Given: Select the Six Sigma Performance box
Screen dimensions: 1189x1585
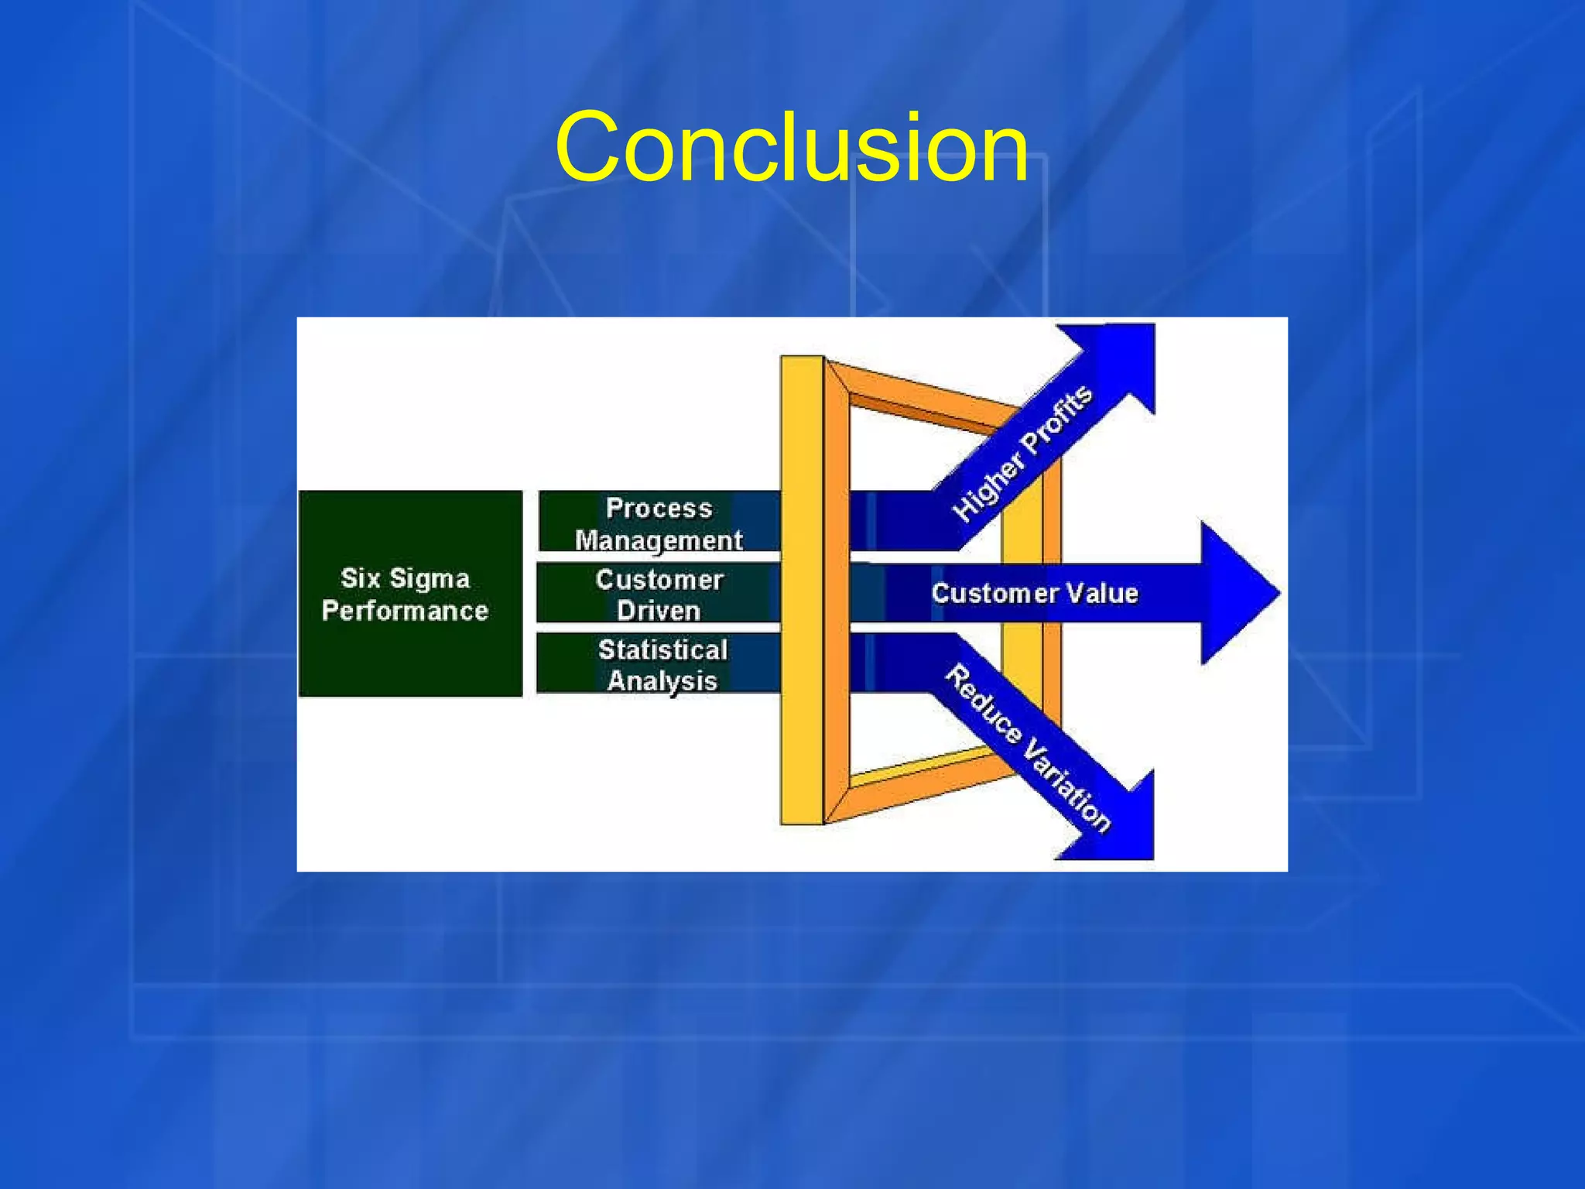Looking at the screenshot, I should tap(409, 594).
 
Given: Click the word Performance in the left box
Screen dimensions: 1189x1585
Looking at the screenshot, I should tap(405, 611).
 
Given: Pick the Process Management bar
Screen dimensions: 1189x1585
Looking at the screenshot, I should tap(658, 522).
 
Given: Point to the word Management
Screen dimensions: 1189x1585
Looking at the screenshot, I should tap(658, 540).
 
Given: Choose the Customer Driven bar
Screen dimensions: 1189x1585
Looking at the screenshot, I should tap(658, 593).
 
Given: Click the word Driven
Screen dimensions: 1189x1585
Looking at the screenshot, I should tap(658, 610).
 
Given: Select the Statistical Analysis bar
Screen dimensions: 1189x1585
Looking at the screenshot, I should tap(658, 663).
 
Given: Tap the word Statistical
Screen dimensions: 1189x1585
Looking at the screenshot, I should tap(662, 649).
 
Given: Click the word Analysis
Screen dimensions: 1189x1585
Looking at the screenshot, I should tap(662, 680).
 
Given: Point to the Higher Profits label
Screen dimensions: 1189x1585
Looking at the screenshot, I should tap(1022, 453).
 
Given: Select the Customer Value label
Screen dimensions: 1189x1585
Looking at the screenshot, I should tap(1034, 593).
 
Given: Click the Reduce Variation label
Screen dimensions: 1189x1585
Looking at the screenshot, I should tap(1028, 747).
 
